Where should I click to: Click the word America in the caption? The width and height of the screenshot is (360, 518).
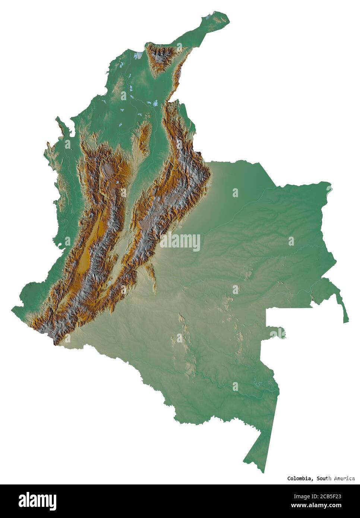[x=342, y=478]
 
